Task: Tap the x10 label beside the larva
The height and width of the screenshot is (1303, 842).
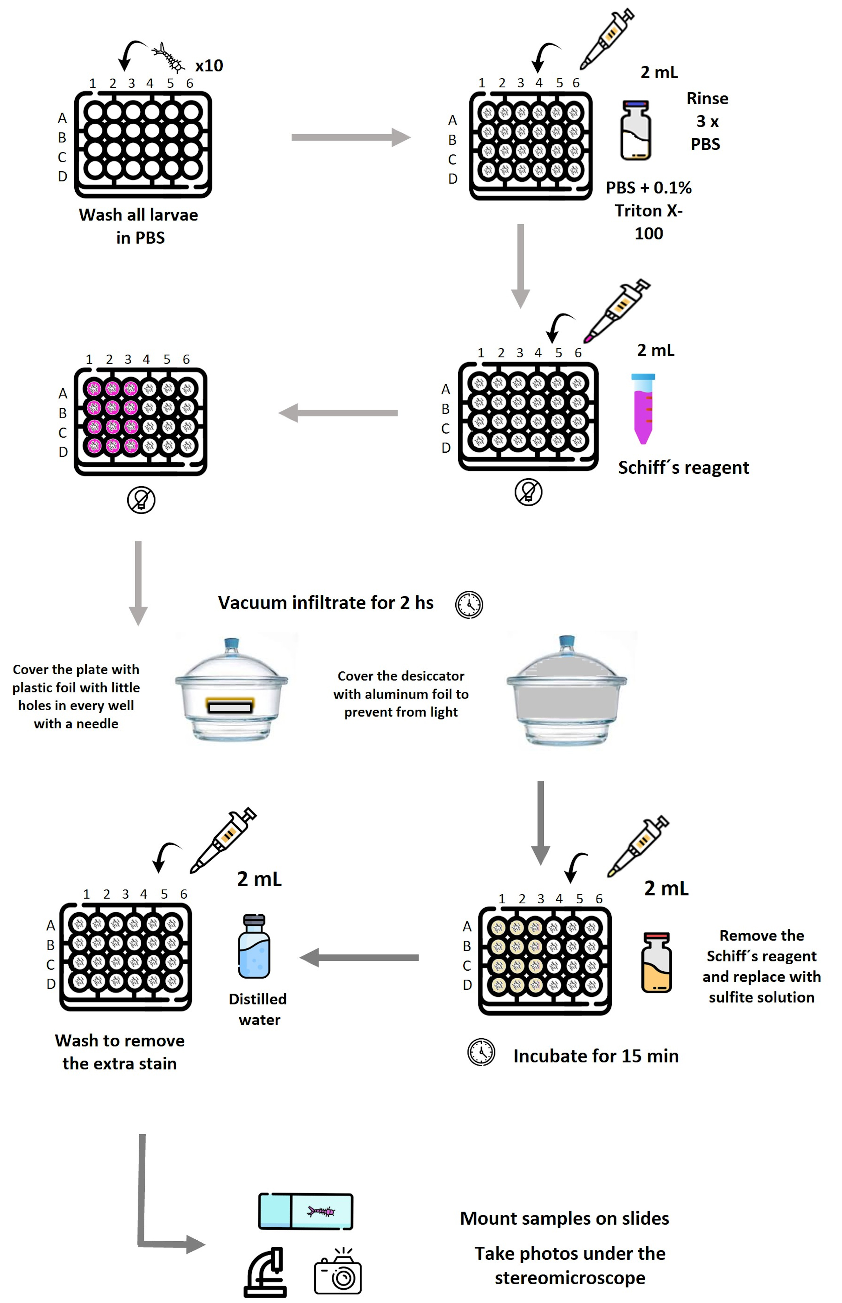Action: click(x=209, y=66)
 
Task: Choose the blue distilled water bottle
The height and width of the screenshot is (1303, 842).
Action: click(x=254, y=947)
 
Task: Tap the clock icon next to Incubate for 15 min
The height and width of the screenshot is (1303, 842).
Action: click(x=481, y=1052)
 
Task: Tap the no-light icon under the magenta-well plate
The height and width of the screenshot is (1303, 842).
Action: click(x=141, y=500)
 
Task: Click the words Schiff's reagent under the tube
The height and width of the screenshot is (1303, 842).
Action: click(x=683, y=468)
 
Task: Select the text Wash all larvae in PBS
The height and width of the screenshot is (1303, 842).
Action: click(x=139, y=226)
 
